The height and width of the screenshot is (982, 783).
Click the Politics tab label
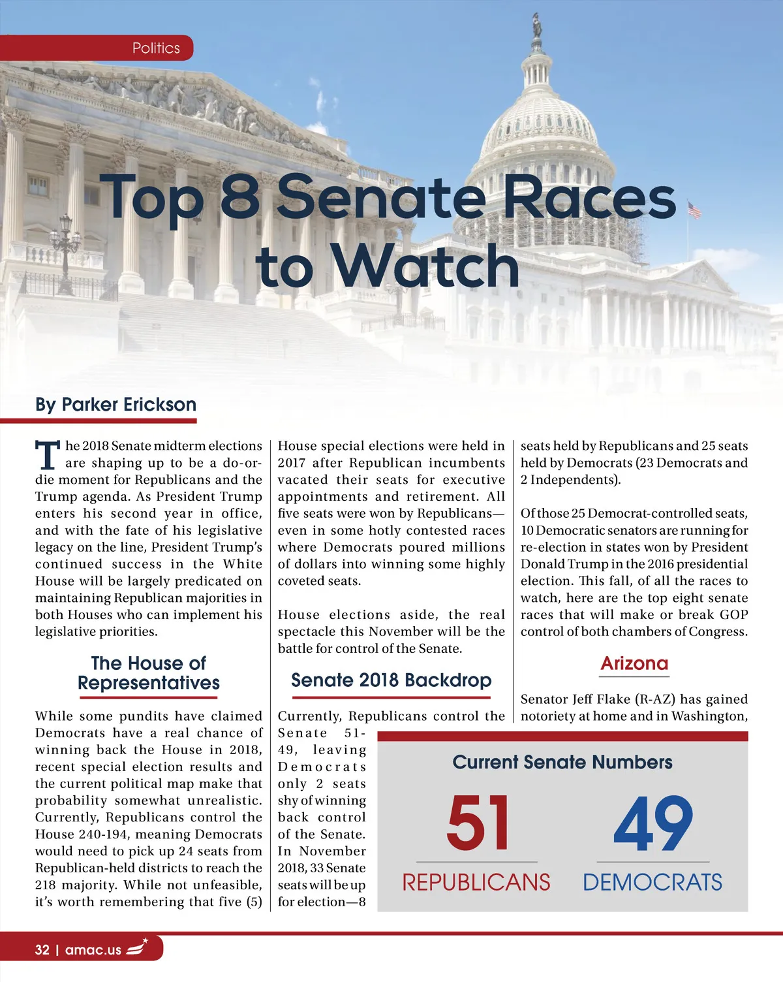coord(156,48)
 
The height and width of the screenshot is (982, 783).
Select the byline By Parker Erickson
coord(115,405)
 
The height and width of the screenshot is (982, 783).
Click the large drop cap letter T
coord(47,455)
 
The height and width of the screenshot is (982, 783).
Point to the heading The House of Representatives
coord(149,673)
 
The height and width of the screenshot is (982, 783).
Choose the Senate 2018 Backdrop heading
coord(391,680)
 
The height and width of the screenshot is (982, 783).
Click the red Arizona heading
coord(634,663)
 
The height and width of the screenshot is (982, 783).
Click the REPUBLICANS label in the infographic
coord(476,883)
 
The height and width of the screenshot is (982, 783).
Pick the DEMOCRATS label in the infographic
coord(652,883)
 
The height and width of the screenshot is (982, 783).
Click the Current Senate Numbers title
coord(562,763)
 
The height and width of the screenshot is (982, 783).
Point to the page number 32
coord(42,950)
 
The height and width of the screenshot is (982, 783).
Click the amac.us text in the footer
coord(93,950)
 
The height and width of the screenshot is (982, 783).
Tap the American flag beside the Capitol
coord(694,210)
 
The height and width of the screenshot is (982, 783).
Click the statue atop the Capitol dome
coord(537,26)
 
